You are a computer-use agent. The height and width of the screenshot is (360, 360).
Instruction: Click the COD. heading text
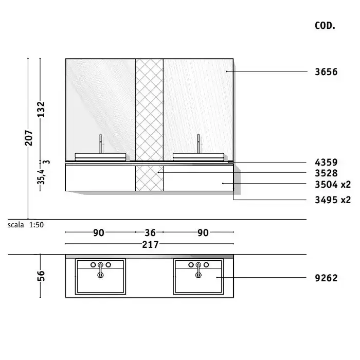click(x=325, y=26)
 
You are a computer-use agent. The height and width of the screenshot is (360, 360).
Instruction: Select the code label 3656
click(x=326, y=72)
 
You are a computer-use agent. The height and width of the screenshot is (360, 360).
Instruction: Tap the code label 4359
click(x=326, y=163)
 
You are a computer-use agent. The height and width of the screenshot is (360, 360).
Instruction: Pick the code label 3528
click(x=326, y=173)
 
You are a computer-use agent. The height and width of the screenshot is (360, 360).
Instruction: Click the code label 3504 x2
click(x=333, y=185)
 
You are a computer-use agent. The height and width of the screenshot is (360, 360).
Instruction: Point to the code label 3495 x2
click(x=333, y=200)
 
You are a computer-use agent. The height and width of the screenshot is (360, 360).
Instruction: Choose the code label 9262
click(x=326, y=278)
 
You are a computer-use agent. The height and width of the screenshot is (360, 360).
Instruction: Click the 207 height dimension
click(x=29, y=138)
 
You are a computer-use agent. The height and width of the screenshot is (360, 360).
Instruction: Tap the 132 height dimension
click(x=41, y=109)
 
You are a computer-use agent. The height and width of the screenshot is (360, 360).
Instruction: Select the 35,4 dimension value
click(x=41, y=177)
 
